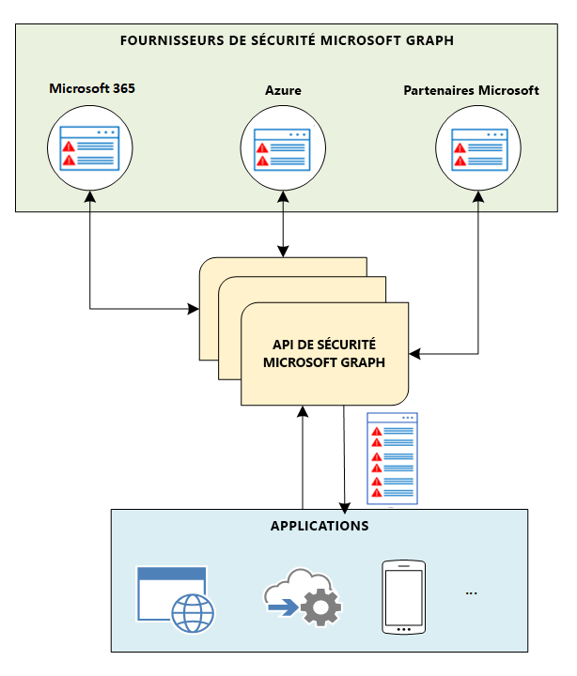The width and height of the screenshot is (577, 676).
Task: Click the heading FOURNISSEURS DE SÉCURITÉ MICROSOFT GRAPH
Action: pyautogui.click(x=288, y=40)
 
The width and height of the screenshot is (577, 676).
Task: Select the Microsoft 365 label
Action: pyautogui.click(x=92, y=88)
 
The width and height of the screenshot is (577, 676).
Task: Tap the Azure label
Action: pyautogui.click(x=282, y=91)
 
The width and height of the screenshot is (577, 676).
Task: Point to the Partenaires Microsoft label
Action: pyautogui.click(x=471, y=91)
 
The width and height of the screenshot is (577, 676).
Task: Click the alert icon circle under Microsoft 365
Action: pyautogui.click(x=89, y=147)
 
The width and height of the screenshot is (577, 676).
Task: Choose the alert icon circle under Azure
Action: pyautogui.click(x=282, y=147)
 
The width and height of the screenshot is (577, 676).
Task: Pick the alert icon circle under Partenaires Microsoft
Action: pyautogui.click(x=477, y=147)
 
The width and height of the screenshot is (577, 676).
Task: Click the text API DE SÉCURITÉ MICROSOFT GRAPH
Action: pyautogui.click(x=324, y=354)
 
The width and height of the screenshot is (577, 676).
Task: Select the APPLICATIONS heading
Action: pyautogui.click(x=319, y=526)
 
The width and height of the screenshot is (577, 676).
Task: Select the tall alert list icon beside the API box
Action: pyautogui.click(x=392, y=460)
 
